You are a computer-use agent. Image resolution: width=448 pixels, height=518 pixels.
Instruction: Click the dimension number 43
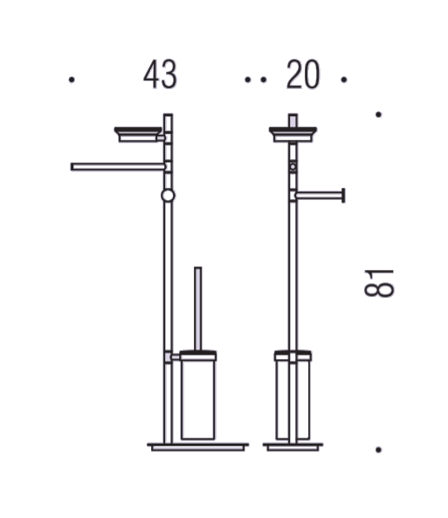(x=160, y=74)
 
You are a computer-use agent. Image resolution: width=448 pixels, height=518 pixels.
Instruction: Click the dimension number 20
(x=303, y=74)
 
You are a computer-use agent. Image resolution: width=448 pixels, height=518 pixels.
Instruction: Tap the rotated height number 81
(x=379, y=283)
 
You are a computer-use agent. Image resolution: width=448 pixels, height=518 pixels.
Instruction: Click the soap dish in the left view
(x=138, y=135)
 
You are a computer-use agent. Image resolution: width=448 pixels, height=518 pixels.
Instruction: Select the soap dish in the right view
(x=293, y=135)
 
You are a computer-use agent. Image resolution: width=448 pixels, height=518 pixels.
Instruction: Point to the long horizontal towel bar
(x=118, y=167)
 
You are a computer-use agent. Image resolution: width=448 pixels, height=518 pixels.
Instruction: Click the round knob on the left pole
(x=169, y=196)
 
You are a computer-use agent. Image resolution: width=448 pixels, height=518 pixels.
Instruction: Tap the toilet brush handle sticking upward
(x=198, y=308)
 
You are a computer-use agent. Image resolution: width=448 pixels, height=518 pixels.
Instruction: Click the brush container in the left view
(x=198, y=396)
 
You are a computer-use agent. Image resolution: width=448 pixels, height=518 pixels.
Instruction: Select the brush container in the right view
(x=293, y=396)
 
